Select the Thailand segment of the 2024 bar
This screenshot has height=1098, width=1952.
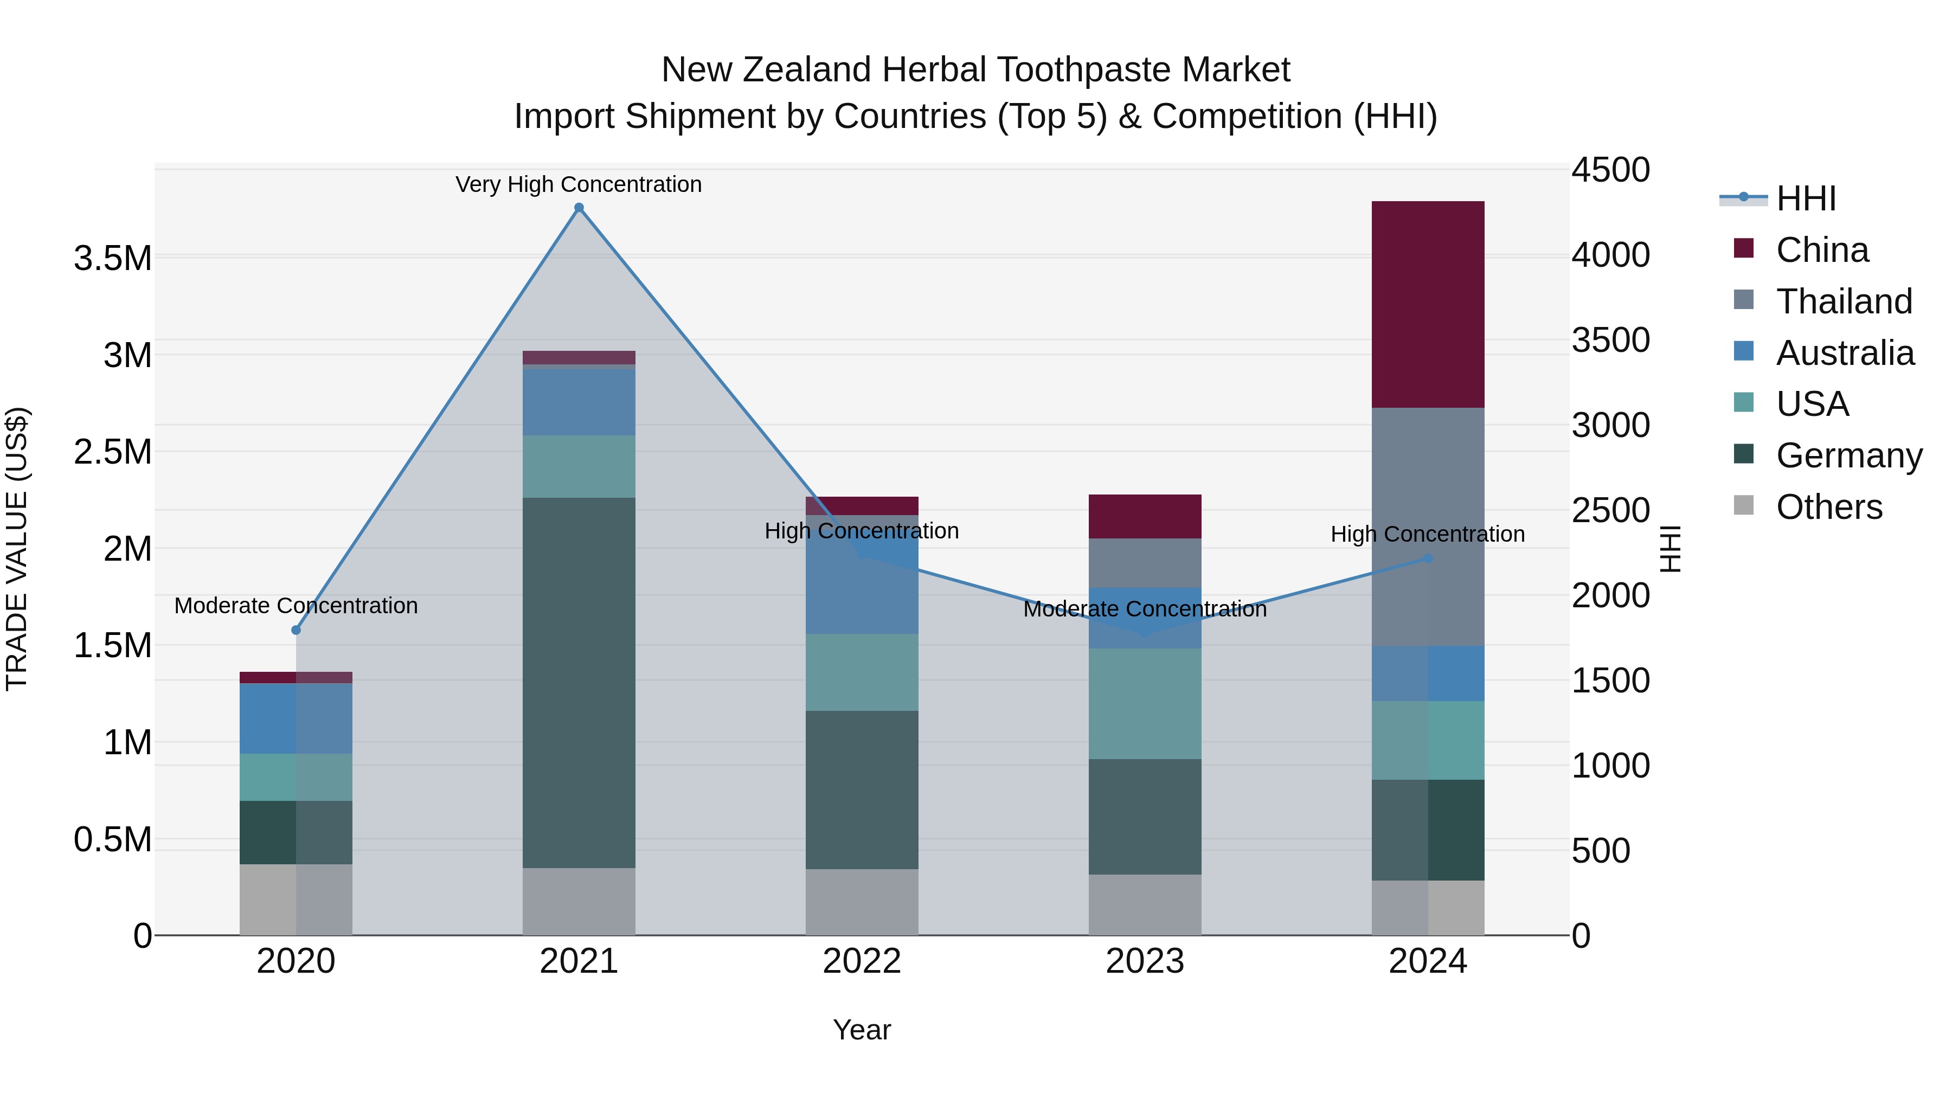[x=1428, y=526]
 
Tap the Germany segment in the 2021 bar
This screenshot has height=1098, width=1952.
[x=579, y=682]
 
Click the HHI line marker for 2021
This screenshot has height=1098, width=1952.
[x=579, y=208]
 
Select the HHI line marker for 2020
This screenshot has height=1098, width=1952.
[x=296, y=630]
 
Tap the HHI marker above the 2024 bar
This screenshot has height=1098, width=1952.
[x=1428, y=558]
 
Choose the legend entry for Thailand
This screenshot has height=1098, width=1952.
[x=1843, y=301]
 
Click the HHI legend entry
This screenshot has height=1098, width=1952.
[x=1805, y=198]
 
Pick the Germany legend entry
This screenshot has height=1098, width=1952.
[x=1848, y=455]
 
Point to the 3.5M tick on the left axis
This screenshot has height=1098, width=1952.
[x=113, y=259]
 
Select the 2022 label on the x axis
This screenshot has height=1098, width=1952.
[x=862, y=961]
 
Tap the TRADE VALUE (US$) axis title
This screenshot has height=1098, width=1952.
[x=17, y=549]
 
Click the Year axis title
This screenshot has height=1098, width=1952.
[x=862, y=1030]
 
